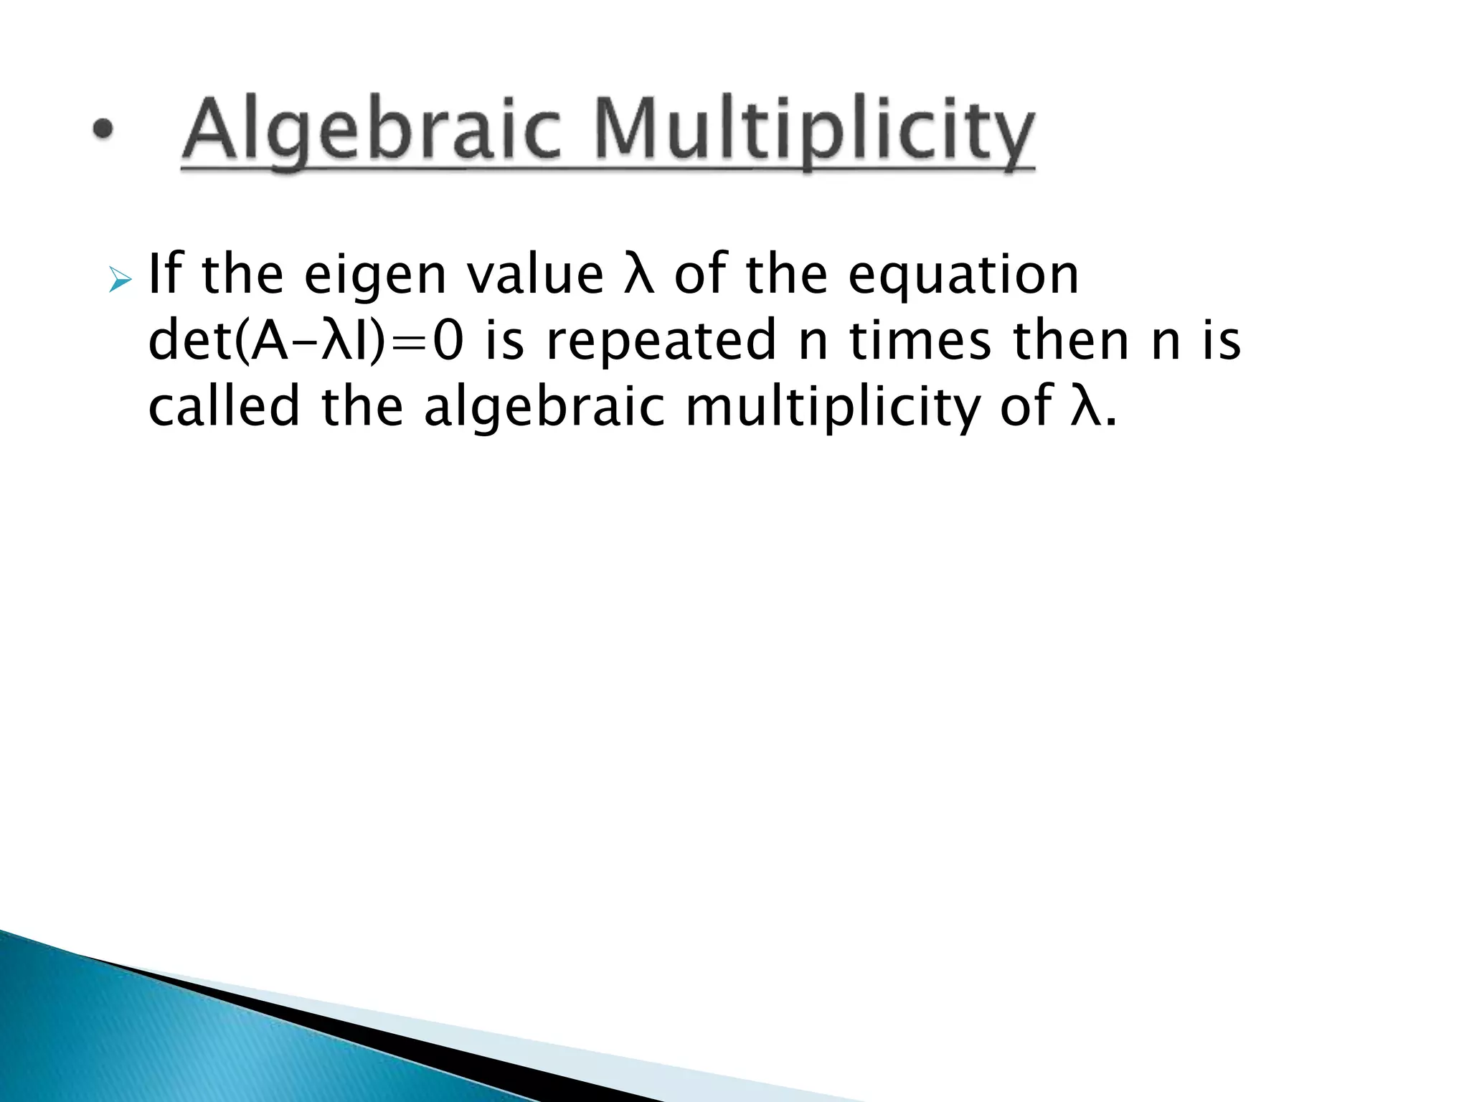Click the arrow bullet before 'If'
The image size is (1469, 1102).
(119, 281)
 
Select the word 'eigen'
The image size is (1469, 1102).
(375, 275)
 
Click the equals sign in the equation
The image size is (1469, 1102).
(413, 342)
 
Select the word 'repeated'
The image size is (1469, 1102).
(661, 342)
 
